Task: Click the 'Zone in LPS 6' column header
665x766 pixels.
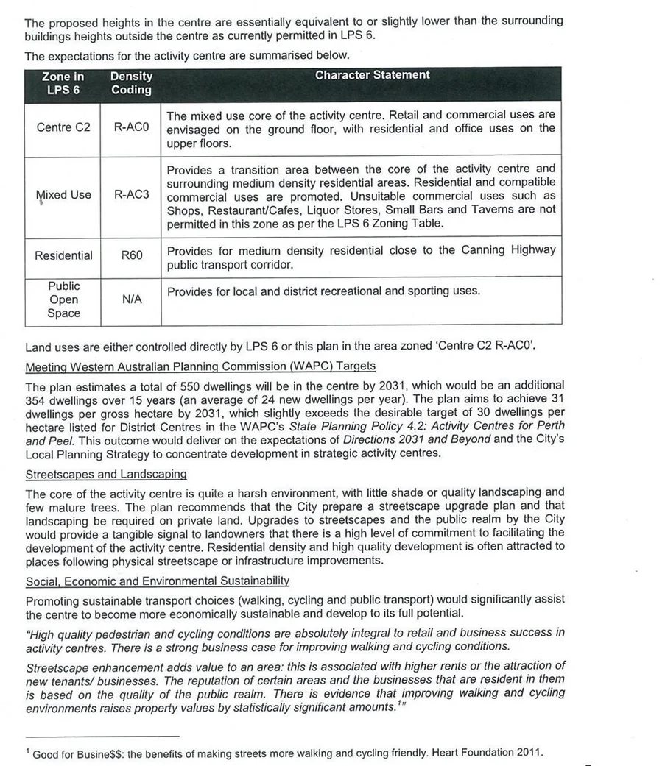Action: pos(63,83)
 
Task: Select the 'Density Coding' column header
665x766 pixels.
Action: pos(131,83)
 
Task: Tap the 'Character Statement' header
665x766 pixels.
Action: pos(372,75)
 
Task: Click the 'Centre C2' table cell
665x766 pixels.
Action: pos(63,127)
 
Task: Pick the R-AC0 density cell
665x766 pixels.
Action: pos(131,127)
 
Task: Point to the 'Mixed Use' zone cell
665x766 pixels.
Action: pos(63,195)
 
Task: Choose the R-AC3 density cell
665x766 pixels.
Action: pos(131,195)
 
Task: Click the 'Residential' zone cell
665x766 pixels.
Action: pos(63,256)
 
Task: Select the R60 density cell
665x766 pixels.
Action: pos(131,256)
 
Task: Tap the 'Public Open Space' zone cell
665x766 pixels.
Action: pos(63,299)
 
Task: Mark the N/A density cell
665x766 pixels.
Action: pos(131,299)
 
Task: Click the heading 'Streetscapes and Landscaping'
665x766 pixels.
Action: pos(106,475)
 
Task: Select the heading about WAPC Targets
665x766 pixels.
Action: pos(200,366)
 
